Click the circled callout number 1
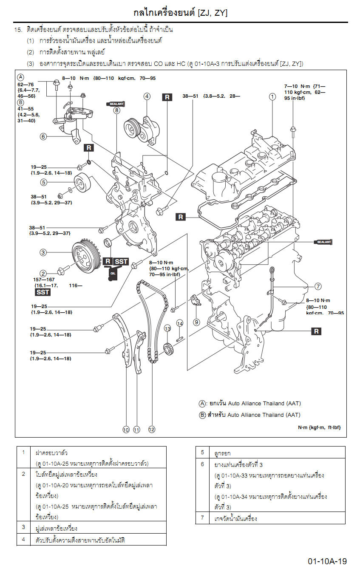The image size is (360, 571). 272,96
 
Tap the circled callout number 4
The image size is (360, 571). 147,96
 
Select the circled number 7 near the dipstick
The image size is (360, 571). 318,286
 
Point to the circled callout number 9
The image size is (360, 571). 196,322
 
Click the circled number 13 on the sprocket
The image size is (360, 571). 167,328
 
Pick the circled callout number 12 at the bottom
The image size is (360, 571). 152,430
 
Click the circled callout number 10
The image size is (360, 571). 126,430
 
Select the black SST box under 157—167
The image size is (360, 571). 43,292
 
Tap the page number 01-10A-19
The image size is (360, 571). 327,562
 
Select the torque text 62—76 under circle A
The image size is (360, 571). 26,85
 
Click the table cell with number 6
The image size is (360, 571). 203,464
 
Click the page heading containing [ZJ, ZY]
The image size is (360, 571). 180,13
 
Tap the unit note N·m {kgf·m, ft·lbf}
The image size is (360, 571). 319,427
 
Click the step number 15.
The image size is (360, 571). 18,30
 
